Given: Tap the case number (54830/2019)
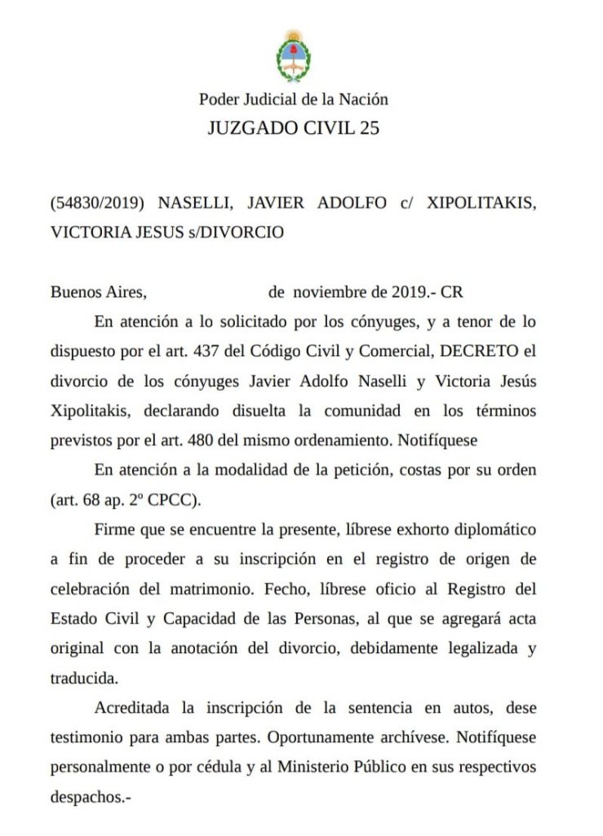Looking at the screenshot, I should coord(99,202).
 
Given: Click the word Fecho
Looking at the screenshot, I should coord(312,589).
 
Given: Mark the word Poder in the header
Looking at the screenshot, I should coord(217,100).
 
